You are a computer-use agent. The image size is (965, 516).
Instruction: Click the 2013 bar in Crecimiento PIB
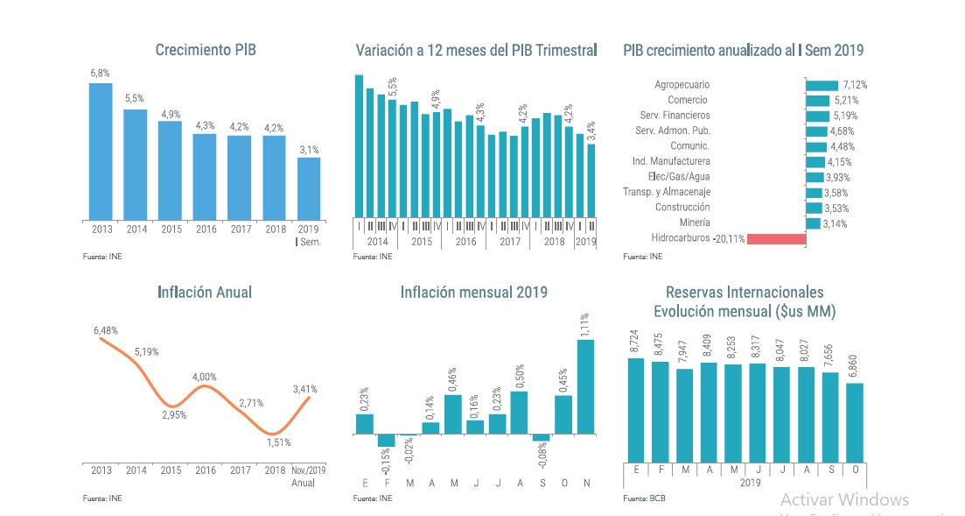click(x=100, y=151)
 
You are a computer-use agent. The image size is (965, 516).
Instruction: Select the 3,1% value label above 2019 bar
click(x=309, y=150)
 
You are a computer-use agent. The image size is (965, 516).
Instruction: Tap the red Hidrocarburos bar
click(x=776, y=239)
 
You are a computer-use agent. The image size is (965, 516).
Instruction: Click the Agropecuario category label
click(x=682, y=85)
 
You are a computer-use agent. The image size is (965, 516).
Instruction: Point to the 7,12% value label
click(x=855, y=85)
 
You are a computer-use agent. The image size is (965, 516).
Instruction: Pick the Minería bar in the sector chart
click(x=813, y=223)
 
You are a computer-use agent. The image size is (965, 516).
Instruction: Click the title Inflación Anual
click(x=205, y=292)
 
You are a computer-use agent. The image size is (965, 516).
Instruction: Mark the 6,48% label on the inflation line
click(x=106, y=330)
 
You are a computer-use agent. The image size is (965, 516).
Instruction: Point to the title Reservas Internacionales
click(x=744, y=293)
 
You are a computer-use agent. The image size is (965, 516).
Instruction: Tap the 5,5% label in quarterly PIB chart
click(x=392, y=86)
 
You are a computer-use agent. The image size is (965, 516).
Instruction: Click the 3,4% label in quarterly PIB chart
click(x=591, y=131)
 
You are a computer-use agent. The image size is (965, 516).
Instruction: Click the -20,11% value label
click(x=728, y=238)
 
